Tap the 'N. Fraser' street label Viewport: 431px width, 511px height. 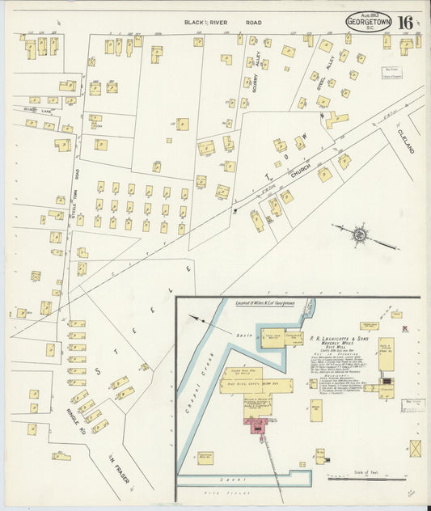point(120,473)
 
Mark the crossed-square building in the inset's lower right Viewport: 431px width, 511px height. point(415,447)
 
